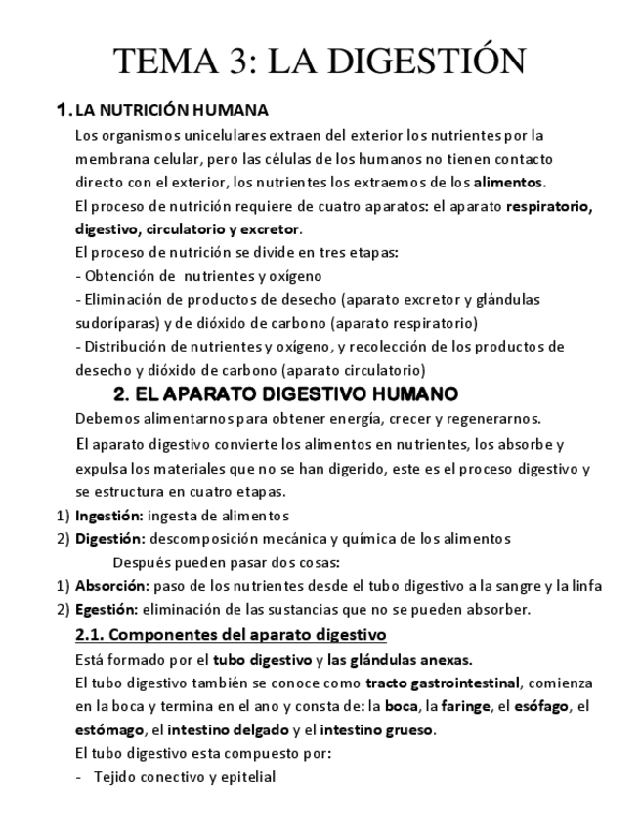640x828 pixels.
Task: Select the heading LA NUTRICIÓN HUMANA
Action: click(171, 110)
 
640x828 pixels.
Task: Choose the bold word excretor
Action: click(268, 229)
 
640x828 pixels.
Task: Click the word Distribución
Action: click(126, 347)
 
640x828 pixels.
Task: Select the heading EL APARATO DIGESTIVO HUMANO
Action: click(285, 394)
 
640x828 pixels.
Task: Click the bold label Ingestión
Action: click(108, 515)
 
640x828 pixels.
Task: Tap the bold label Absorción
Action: click(111, 586)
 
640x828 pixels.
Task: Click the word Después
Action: click(143, 562)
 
